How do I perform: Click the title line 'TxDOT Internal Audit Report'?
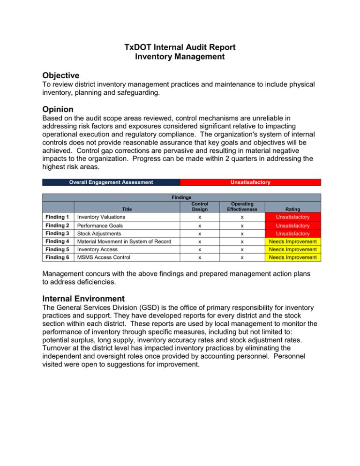180,47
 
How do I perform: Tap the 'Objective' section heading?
60,75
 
